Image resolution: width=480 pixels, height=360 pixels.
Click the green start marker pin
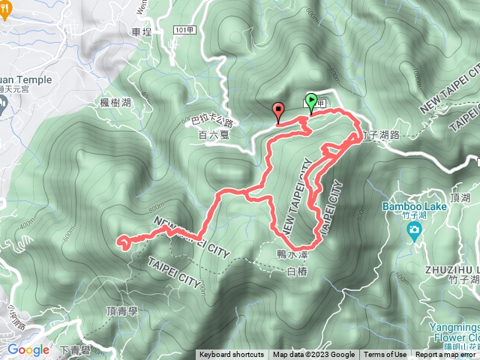coord(311,102)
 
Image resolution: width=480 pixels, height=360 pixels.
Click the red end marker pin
coord(279,112)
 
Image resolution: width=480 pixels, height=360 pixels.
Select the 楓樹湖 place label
coord(115,102)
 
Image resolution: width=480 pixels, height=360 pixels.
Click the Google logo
coord(27,349)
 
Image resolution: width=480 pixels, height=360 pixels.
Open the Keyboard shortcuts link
coord(232,355)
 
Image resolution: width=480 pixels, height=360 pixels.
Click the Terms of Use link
coord(385,355)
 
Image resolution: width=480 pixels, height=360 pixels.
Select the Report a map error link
coord(446,355)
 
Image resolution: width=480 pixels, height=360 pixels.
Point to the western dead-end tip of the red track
coord(118,241)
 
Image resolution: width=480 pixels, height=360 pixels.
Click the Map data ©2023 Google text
coord(313,355)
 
